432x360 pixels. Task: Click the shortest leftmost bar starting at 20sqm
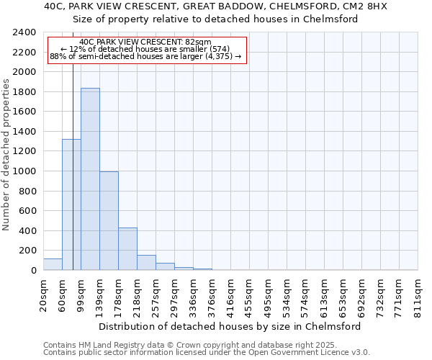pyautogui.click(x=53, y=264)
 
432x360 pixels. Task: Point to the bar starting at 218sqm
pyautogui.click(x=146, y=262)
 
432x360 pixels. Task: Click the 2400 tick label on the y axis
pyautogui.click(x=24, y=32)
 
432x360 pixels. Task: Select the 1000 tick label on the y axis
pyautogui.click(x=24, y=171)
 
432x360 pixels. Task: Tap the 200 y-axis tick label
pyautogui.click(x=27, y=251)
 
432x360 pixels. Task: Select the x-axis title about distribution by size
pyautogui.click(x=230, y=326)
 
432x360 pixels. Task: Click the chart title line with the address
pyautogui.click(x=215, y=6)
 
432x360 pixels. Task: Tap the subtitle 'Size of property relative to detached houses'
pyautogui.click(x=215, y=19)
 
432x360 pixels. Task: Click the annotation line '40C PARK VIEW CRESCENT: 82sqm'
pyautogui.click(x=145, y=42)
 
